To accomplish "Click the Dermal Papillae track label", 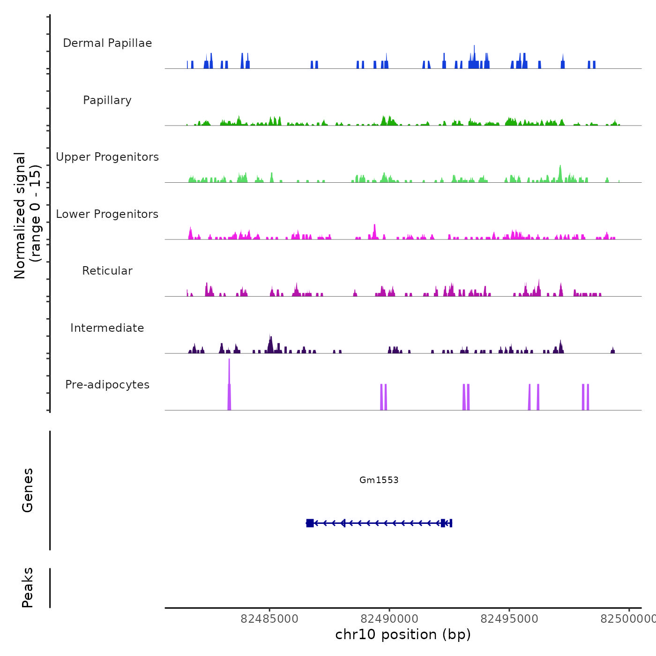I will pyautogui.click(x=107, y=43).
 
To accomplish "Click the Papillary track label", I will pyautogui.click(x=107, y=100).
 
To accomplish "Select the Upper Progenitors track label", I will pyautogui.click(x=107, y=157).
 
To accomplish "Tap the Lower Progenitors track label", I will pyautogui.click(x=107, y=214).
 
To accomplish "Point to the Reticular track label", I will pyautogui.click(x=107, y=271).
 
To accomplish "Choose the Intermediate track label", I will pyautogui.click(x=107, y=328).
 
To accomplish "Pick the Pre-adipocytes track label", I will pyautogui.click(x=107, y=385).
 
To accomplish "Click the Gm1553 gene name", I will pyautogui.click(x=379, y=480).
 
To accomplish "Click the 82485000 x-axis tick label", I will pyautogui.click(x=269, y=619).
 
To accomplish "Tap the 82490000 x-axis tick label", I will pyautogui.click(x=389, y=619).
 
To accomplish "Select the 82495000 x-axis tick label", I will pyautogui.click(x=509, y=619).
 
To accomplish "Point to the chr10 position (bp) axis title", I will pyautogui.click(x=403, y=634).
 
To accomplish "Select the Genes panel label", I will pyautogui.click(x=28, y=490).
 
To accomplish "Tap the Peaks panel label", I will pyautogui.click(x=28, y=588).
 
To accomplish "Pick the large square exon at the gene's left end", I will pyautogui.click(x=310, y=523).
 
